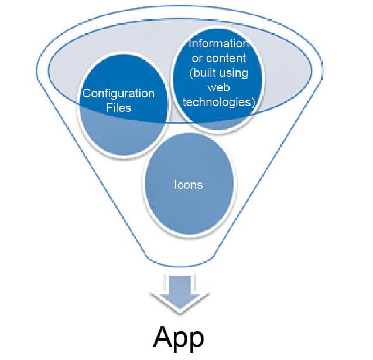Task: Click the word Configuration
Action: pyautogui.click(x=118, y=94)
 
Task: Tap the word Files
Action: pyautogui.click(x=119, y=108)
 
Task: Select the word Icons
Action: pyautogui.click(x=189, y=185)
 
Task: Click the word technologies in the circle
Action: pyautogui.click(x=217, y=101)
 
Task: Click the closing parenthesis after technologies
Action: pyautogui.click(x=254, y=102)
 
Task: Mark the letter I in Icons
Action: pyautogui.click(x=176, y=185)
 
